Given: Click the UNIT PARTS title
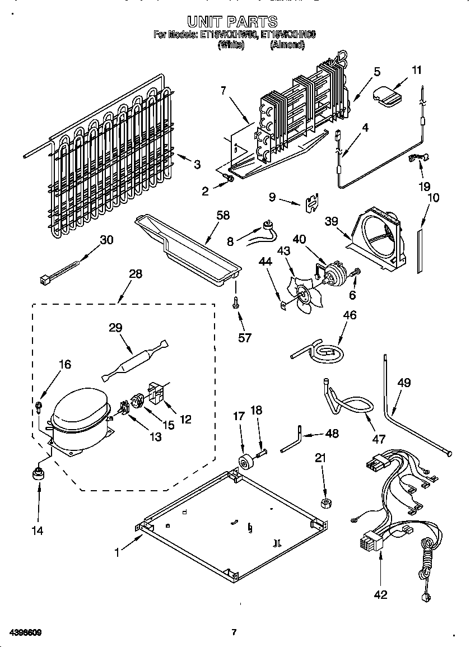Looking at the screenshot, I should [232, 22].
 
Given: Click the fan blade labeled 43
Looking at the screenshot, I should [305, 291].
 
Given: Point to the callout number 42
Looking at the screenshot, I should [380, 594].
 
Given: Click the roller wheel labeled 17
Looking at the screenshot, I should [245, 463].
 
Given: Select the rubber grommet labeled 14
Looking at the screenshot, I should [39, 473].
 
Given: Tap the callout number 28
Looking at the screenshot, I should [135, 274].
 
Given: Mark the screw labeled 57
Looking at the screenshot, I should [236, 302].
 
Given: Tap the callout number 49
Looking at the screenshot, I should [404, 383].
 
